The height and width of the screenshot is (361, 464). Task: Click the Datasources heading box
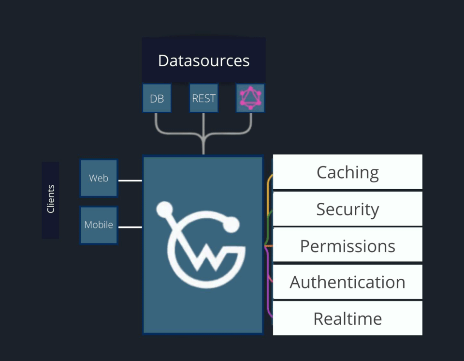(x=203, y=60)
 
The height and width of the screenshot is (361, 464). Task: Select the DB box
(x=157, y=98)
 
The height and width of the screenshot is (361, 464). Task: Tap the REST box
(x=203, y=98)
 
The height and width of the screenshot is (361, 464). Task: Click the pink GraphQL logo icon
(x=250, y=98)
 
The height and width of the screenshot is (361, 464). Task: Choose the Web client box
(x=99, y=178)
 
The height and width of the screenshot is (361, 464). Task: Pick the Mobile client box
(x=99, y=225)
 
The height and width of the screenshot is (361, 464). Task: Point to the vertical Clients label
(x=50, y=199)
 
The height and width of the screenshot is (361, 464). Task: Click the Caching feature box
(x=348, y=172)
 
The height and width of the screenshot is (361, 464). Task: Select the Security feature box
(x=348, y=209)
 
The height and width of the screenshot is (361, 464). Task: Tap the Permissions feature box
(x=348, y=246)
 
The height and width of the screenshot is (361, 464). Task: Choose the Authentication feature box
(x=348, y=282)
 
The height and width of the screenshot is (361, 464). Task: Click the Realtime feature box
(x=348, y=318)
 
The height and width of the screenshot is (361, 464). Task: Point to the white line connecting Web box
(x=130, y=181)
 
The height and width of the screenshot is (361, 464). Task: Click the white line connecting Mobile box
(x=130, y=227)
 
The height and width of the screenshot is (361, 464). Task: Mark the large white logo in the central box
(x=203, y=247)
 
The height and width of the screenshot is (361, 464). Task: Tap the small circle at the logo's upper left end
(x=164, y=209)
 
